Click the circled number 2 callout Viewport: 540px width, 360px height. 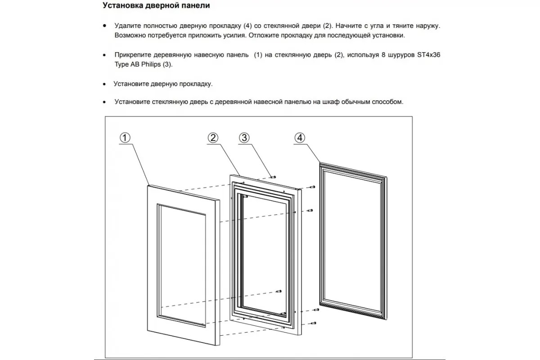pos(213,138)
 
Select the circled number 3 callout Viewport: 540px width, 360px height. pos(244,138)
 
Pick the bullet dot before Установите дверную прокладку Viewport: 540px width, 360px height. pos(105,84)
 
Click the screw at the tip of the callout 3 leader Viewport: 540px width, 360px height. pos(273,176)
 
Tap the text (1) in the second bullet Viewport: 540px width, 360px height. pos(257,54)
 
